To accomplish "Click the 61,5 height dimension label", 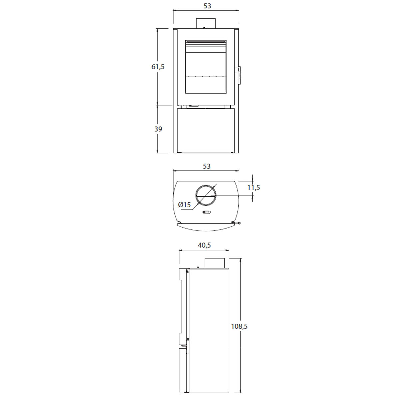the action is tap(158, 67).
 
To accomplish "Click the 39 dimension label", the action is tap(158, 129).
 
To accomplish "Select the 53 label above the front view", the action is tap(207, 6).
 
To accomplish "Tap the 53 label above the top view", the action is tap(207, 166).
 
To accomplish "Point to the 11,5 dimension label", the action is tap(253, 188).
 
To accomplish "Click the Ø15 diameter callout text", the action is tap(184, 205).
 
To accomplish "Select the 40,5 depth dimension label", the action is tap(204, 245).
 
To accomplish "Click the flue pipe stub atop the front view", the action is tap(206, 23).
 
